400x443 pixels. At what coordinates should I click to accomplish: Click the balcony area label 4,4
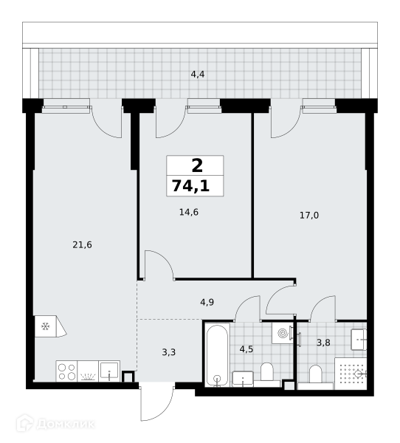(198, 75)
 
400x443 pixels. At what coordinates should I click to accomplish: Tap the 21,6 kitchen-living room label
(82, 244)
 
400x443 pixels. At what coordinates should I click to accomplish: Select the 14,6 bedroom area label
(189, 212)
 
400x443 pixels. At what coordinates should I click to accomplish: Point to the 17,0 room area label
(309, 216)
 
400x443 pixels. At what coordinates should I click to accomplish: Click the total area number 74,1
(190, 186)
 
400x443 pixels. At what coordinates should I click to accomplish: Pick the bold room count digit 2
(197, 165)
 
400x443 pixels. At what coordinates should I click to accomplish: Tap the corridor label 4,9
(207, 302)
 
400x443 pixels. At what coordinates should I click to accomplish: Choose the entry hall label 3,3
(169, 352)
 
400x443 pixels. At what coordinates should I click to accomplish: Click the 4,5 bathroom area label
(246, 349)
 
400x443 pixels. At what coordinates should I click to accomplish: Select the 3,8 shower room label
(323, 343)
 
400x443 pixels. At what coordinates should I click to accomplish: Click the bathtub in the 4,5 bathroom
(217, 355)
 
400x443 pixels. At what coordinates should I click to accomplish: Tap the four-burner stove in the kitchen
(66, 371)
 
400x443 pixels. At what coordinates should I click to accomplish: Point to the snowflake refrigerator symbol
(46, 326)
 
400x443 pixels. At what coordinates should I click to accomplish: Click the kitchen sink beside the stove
(109, 371)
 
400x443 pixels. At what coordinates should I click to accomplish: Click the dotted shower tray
(351, 374)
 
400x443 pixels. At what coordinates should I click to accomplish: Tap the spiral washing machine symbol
(283, 334)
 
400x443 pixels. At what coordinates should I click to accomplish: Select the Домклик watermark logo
(55, 424)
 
